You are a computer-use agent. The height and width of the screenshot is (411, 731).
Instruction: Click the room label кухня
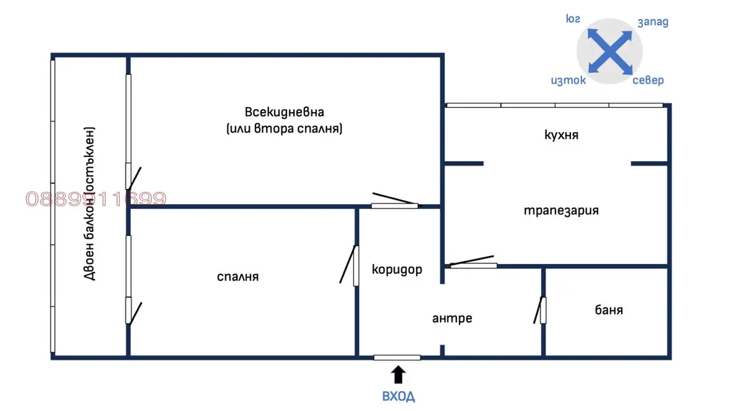[561, 135]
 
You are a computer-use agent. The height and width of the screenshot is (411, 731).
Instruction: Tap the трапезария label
[561, 210]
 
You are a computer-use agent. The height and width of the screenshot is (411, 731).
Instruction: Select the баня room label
[609, 310]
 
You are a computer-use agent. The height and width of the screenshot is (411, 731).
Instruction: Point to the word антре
[452, 318]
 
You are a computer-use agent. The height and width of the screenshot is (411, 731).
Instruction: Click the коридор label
[397, 269]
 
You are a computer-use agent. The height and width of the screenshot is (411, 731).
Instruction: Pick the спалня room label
[238, 277]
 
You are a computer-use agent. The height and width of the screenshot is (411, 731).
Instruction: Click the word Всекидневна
[284, 112]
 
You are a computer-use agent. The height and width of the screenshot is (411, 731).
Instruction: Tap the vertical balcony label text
[89, 203]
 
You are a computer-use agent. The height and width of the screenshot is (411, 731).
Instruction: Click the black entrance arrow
[398, 374]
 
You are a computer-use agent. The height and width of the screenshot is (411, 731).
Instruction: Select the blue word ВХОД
[398, 396]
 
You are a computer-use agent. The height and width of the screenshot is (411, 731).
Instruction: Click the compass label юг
[573, 19]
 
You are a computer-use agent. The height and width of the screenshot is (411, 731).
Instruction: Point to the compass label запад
[652, 22]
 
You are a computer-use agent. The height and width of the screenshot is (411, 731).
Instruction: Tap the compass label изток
[568, 80]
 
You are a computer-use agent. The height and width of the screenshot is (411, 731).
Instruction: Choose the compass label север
[648, 80]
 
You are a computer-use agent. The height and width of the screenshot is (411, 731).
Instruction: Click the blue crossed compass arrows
[610, 51]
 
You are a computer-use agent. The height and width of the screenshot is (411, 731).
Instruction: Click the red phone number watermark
[96, 199]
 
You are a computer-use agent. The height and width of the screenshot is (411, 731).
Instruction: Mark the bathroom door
[540, 310]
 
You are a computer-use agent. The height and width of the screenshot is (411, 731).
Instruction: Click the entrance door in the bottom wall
[397, 357]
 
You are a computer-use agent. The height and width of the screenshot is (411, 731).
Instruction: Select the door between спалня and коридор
[349, 265]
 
